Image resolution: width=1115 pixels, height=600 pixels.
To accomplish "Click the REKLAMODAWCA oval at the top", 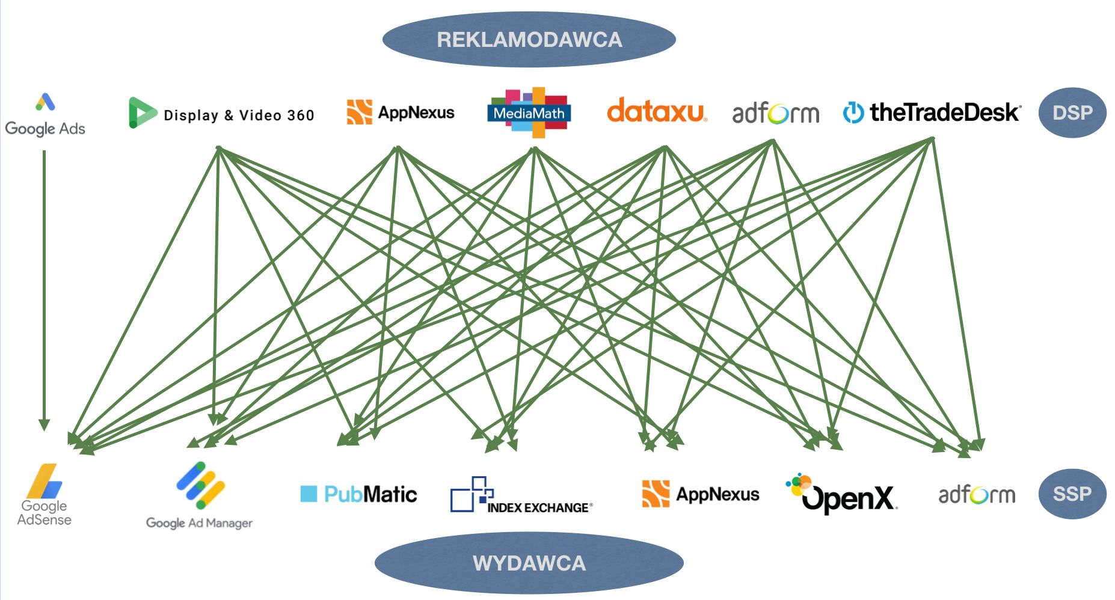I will pyautogui.click(x=529, y=40).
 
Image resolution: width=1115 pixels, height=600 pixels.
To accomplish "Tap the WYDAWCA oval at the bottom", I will pyautogui.click(x=529, y=563).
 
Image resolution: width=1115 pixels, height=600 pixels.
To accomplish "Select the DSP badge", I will pyautogui.click(x=1072, y=113).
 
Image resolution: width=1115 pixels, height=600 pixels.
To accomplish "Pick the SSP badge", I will pyautogui.click(x=1072, y=494).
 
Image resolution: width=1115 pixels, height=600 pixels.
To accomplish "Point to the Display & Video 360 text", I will pyautogui.click(x=239, y=115).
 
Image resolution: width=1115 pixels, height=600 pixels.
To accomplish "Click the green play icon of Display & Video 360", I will pyautogui.click(x=142, y=112).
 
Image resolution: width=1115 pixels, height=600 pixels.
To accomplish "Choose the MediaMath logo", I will pyautogui.click(x=529, y=112).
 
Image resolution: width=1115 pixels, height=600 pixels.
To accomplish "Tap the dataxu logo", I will pyautogui.click(x=656, y=111).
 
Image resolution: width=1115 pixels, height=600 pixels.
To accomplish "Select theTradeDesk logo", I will pyautogui.click(x=932, y=112).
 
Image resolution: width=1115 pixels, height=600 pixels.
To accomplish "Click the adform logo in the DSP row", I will pyautogui.click(x=775, y=113).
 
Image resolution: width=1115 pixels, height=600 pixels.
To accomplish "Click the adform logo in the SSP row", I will pyautogui.click(x=977, y=495).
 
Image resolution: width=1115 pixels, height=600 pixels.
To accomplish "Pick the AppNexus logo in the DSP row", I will pyautogui.click(x=401, y=112).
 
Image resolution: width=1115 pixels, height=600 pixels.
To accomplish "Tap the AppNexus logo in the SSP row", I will pyautogui.click(x=701, y=494).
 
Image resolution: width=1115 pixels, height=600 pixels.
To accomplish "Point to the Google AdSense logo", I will pyautogui.click(x=45, y=495).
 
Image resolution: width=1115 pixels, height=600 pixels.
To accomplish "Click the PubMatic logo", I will pyautogui.click(x=358, y=494).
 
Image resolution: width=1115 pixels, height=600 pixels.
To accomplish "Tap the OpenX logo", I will pyautogui.click(x=842, y=494).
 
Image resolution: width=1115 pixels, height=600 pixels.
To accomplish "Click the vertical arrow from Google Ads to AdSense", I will pyautogui.click(x=44, y=289).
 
